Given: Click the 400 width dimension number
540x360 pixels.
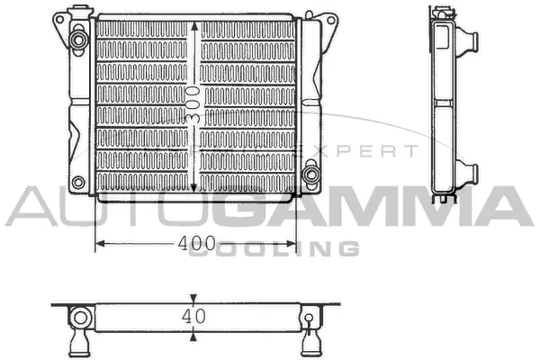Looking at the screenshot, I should (x=196, y=243).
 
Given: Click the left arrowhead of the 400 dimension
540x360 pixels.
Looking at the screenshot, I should (x=99, y=243).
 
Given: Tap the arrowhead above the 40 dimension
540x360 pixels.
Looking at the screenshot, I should (x=194, y=299).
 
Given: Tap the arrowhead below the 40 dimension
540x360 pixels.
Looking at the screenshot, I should (x=194, y=337).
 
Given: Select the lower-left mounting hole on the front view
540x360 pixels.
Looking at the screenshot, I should (x=77, y=183).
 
